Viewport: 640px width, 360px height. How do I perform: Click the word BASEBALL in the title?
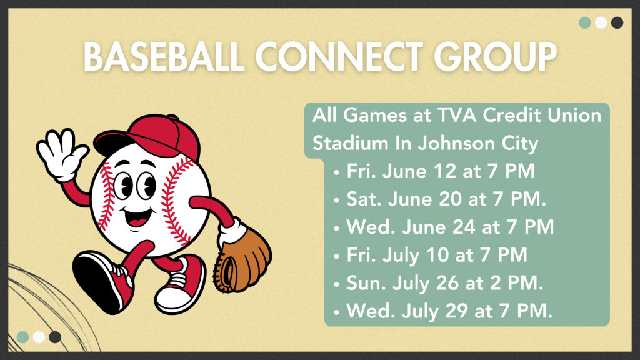(x=164, y=56)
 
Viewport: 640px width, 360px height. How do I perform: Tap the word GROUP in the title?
(x=495, y=56)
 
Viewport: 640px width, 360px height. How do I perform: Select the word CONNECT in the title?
(x=339, y=56)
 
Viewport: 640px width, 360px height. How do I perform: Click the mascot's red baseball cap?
(x=149, y=137)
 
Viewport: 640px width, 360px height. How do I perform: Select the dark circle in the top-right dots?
(x=617, y=22)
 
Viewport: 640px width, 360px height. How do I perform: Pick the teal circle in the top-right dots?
(x=585, y=22)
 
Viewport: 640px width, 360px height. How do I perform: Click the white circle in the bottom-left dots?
(x=39, y=337)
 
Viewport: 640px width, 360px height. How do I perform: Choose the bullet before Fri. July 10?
(x=336, y=256)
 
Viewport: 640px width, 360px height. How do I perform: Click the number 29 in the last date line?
(x=456, y=311)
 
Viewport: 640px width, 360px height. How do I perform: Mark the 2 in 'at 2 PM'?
(x=496, y=283)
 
